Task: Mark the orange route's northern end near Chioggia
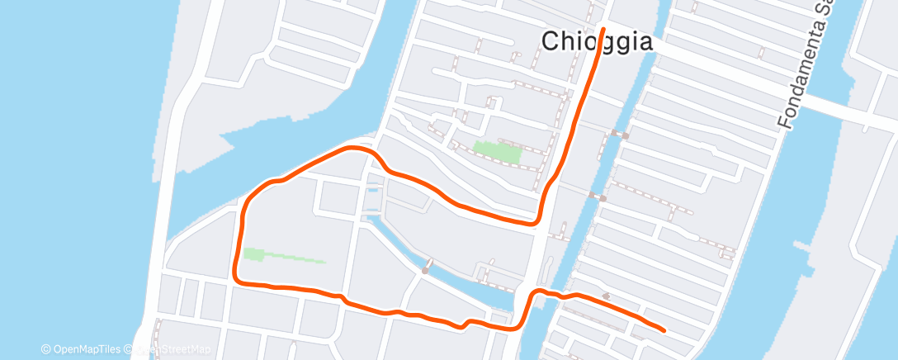point(603,29)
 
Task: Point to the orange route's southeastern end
point(664,330)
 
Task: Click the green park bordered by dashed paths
point(496,152)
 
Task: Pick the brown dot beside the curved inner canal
point(425,269)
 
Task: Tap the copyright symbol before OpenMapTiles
point(45,349)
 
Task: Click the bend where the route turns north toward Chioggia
point(538,218)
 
